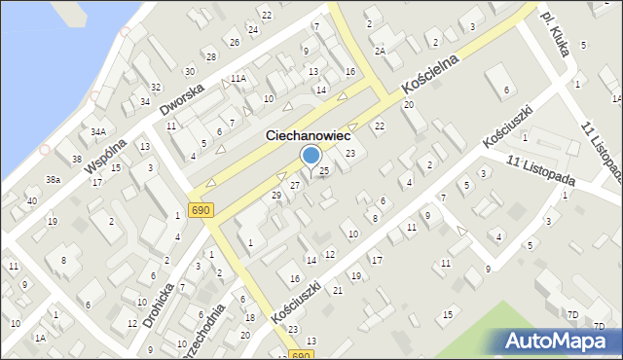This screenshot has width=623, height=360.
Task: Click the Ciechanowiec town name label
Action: click(309, 138)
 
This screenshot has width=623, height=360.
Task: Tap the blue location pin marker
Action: click(311, 157)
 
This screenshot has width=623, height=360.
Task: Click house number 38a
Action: click(53, 180)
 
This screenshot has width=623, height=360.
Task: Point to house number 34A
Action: click(97, 131)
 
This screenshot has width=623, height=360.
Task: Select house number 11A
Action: click(238, 78)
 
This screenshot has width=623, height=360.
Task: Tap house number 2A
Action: click(381, 51)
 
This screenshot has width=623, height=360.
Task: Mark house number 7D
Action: click(572, 314)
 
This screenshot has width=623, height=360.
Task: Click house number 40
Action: click(32, 201)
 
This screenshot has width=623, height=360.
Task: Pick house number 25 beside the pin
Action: click(324, 171)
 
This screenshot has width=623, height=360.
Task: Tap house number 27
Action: click(294, 185)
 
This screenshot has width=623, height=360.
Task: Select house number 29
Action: click(276, 196)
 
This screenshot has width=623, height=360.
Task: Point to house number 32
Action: click(156, 88)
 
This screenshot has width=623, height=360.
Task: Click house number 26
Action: click(234, 42)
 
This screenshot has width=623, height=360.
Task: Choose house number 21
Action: click(338, 291)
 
